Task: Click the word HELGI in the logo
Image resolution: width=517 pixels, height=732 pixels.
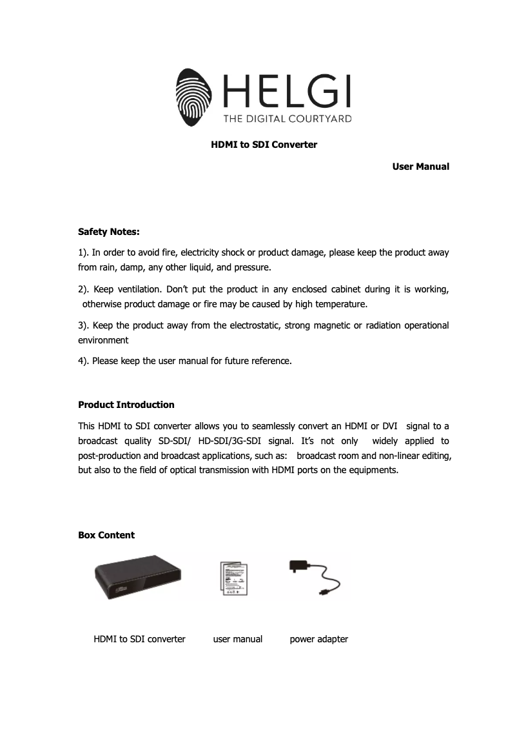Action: [x=287, y=92]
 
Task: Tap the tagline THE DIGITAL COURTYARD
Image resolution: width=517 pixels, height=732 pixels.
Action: [x=287, y=119]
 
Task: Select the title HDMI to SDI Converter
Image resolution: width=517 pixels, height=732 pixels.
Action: [x=264, y=145]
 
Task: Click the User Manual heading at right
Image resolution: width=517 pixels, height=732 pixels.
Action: [x=420, y=167]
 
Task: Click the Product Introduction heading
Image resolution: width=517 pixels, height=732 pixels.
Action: [x=126, y=405]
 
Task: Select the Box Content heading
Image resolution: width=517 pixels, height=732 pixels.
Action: [x=106, y=535]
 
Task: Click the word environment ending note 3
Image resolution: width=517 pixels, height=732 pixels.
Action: [x=103, y=340]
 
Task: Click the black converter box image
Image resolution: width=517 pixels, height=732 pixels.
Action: [x=138, y=576]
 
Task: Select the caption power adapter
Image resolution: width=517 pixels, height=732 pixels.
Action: [x=318, y=639]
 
